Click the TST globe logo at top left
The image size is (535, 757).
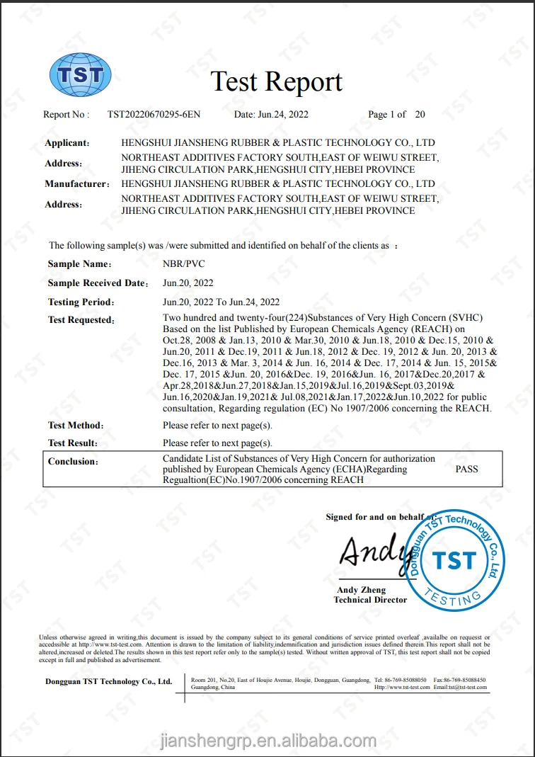[80, 75]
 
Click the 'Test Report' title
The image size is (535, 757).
[277, 82]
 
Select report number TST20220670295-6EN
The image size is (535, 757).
[154, 114]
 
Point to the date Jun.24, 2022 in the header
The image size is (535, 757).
[271, 114]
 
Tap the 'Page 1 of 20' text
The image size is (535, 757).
[396, 114]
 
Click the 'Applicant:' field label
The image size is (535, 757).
[67, 143]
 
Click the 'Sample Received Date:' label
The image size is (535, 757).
[98, 283]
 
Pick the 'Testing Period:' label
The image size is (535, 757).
[81, 302]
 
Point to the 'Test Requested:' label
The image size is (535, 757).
[81, 320]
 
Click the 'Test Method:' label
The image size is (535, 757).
[76, 426]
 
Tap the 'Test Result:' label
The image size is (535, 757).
[73, 443]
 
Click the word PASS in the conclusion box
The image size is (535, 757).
[466, 469]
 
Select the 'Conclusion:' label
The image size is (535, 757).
[73, 462]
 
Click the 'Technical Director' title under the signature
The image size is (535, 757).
[370, 600]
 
